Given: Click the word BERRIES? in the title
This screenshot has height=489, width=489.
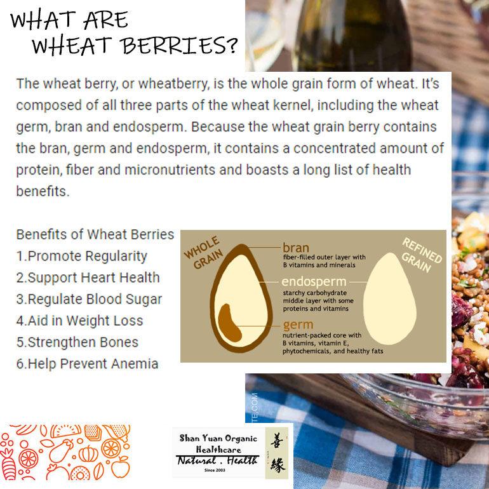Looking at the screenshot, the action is [179, 46].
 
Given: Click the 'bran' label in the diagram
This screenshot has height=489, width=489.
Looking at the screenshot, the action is [296, 248].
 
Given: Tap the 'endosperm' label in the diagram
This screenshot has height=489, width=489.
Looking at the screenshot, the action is [314, 281].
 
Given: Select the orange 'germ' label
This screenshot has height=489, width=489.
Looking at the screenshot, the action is [298, 325].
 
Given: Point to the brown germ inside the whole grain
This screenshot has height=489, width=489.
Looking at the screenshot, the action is [229, 324].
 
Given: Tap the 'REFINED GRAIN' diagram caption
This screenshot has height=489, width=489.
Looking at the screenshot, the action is [421, 255].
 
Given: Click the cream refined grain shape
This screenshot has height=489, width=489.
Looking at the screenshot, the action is [389, 299].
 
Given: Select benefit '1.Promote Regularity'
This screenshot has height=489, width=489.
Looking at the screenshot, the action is [82, 257].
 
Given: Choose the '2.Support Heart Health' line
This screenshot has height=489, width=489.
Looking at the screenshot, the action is [88, 278].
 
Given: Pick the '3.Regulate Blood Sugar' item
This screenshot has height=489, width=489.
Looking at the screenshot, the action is [89, 299].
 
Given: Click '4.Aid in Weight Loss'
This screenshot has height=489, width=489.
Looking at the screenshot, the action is [80, 321].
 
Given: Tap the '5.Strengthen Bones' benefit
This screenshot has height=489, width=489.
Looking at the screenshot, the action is [77, 342].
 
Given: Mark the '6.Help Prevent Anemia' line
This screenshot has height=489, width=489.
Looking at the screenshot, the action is [88, 364].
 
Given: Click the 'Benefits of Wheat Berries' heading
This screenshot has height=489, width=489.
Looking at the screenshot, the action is [95, 234].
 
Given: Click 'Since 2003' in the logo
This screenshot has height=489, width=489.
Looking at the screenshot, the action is [215, 471].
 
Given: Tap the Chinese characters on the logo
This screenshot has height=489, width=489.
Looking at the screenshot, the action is [276, 452].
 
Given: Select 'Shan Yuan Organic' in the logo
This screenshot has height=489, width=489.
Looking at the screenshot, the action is [218, 438].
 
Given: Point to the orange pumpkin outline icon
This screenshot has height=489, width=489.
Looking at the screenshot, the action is [88, 454].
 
